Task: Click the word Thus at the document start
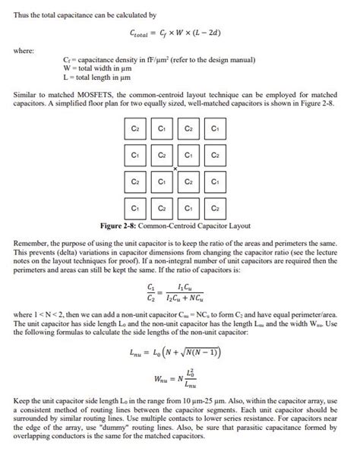(21, 14)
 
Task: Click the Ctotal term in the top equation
(141, 34)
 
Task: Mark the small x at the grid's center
(175, 167)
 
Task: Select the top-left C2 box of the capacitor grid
(134, 129)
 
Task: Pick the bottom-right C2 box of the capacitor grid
(215, 207)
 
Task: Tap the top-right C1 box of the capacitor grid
(215, 129)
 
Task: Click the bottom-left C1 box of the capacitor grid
(134, 207)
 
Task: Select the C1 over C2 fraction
(150, 292)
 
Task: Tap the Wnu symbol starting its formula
(160, 379)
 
